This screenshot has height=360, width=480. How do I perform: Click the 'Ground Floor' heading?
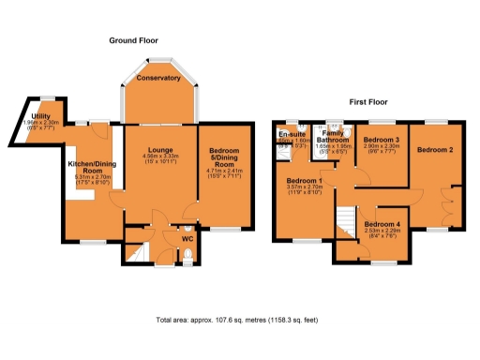click(x=134, y=41)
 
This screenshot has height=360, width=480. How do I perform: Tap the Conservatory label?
click(x=157, y=78)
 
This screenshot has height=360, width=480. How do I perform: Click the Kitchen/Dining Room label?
click(x=90, y=167)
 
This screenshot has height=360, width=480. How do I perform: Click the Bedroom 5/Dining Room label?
click(x=224, y=157)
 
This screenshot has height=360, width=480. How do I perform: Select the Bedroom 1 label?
click(x=304, y=180)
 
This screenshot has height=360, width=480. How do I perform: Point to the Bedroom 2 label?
click(x=435, y=150)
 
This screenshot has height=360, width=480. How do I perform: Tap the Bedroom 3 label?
click(x=382, y=140)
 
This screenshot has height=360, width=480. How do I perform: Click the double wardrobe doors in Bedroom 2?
click(x=457, y=199)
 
